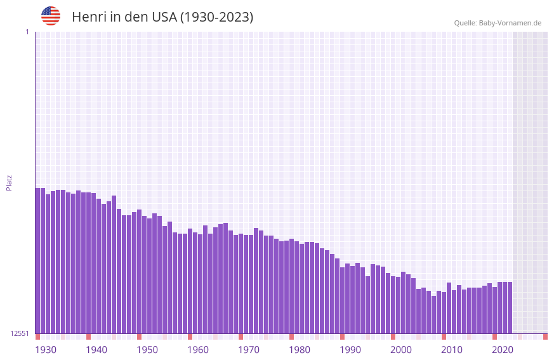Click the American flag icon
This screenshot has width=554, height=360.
51,16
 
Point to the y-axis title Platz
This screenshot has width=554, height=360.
9,182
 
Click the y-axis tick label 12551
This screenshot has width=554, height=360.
20,333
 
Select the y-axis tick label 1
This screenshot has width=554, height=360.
27,32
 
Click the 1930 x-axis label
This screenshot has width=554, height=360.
46,350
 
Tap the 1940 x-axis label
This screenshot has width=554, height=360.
96,350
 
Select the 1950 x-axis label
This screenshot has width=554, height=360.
147,350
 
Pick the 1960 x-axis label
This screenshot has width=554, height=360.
198,350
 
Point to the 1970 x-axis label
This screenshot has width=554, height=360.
249,350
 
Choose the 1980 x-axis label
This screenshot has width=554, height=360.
300,350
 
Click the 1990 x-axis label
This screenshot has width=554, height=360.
350,350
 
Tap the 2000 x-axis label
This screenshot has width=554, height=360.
401,350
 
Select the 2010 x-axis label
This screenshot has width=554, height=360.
452,350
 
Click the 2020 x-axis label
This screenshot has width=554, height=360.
503,350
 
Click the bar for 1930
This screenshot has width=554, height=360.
37,260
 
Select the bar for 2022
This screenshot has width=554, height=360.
510,307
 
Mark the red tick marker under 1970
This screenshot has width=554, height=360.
241,337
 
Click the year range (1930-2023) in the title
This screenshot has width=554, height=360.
216,17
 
